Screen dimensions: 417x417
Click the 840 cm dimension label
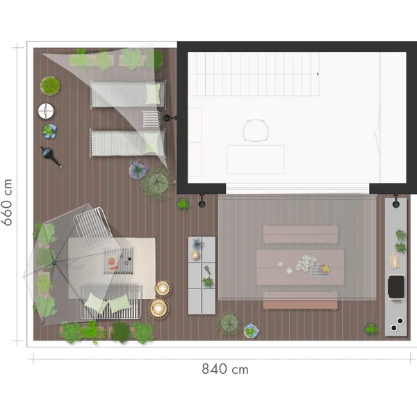tap(224, 369)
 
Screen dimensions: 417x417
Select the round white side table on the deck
tap(46, 110)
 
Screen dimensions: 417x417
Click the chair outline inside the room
tap(255, 130)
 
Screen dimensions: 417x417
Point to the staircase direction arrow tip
tap(318, 73)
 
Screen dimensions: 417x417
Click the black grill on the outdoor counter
tap(396, 286)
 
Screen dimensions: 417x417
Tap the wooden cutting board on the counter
tap(394, 261)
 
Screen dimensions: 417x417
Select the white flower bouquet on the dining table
tap(305, 263)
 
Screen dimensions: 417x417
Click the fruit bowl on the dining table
tap(320, 270)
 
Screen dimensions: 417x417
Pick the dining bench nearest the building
tap(300, 235)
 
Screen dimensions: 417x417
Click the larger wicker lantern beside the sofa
tap(159, 306)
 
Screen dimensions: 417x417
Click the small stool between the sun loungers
tap(151, 119)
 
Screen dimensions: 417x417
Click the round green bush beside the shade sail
tap(50, 85)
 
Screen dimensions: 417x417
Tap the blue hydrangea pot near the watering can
tap(49, 130)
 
